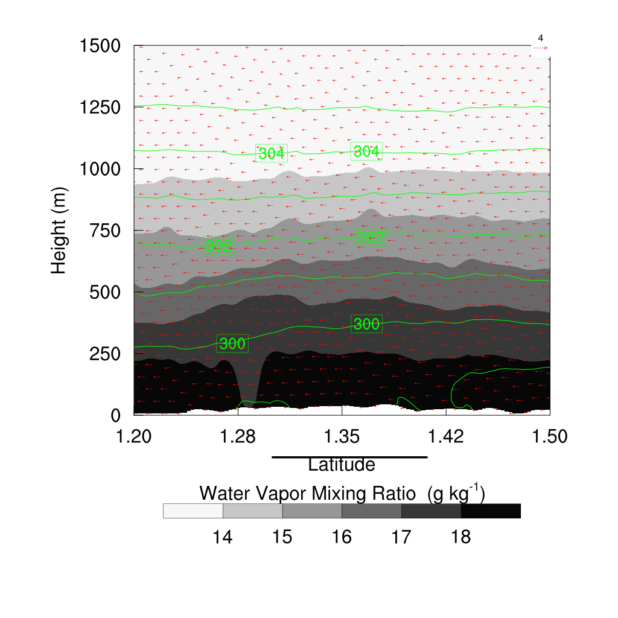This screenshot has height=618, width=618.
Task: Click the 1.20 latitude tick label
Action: pyautogui.click(x=134, y=436)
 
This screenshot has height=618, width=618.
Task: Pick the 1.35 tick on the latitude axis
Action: pyautogui.click(x=342, y=436)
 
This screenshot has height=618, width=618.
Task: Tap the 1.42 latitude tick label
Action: pyautogui.click(x=446, y=436)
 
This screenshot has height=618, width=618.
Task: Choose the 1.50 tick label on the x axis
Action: pyautogui.click(x=550, y=436)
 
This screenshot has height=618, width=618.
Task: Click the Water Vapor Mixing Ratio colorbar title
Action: pyautogui.click(x=342, y=493)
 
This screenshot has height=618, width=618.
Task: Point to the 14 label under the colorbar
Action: pyautogui.click(x=223, y=537)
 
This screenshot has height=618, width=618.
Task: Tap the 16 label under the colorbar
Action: pyautogui.click(x=342, y=537)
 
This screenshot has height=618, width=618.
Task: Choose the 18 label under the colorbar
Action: pyautogui.click(x=461, y=537)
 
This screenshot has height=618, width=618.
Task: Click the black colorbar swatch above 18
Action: pyautogui.click(x=491, y=511)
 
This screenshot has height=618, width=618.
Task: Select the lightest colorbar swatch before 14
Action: pyautogui.click(x=193, y=511)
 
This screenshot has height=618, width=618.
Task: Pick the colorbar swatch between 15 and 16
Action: pyautogui.click(x=312, y=511)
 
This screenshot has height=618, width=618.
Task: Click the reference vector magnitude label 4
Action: pyautogui.click(x=540, y=38)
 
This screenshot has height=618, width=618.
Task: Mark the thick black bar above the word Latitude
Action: pyautogui.click(x=349, y=457)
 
